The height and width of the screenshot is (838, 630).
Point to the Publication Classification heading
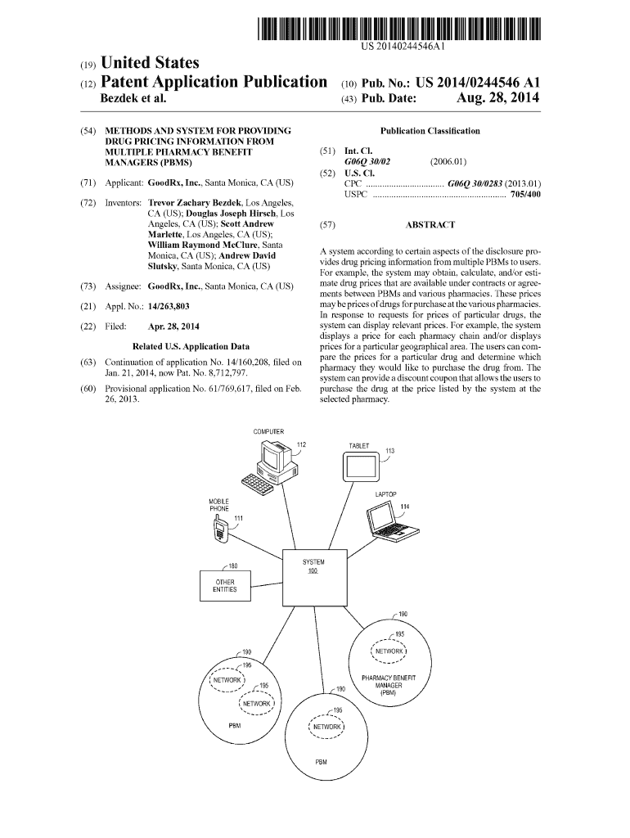(x=430, y=131)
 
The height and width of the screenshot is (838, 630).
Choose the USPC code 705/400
(x=524, y=195)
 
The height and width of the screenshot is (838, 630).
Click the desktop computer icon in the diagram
(x=272, y=464)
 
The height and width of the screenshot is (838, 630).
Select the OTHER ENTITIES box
(x=225, y=586)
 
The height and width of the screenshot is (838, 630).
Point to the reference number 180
(x=232, y=565)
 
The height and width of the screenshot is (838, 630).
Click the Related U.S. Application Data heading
(x=191, y=346)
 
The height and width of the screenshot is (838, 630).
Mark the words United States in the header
(x=148, y=63)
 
